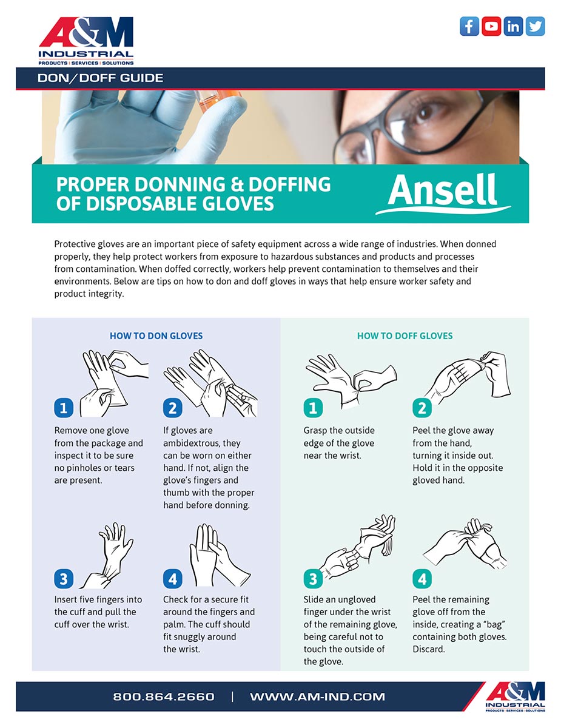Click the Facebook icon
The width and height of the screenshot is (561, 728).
[469, 26]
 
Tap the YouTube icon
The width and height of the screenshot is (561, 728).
[491, 26]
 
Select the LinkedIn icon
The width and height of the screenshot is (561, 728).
[513, 26]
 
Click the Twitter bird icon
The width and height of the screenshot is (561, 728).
[535, 26]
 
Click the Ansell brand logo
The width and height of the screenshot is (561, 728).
[443, 194]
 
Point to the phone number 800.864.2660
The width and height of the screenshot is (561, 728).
[163, 697]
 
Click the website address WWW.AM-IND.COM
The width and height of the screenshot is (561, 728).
[317, 697]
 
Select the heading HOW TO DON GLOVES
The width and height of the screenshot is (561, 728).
[156, 335]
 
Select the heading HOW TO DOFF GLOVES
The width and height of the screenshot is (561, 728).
[405, 335]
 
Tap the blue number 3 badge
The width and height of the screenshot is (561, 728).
[64, 579]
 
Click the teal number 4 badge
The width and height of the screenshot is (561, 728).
[422, 579]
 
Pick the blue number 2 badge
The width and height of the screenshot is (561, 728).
[172, 408]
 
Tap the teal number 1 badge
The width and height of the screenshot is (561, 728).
[313, 408]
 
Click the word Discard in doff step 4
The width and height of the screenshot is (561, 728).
[429, 649]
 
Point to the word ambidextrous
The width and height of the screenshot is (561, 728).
[201, 443]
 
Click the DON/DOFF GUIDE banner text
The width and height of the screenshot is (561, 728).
[101, 78]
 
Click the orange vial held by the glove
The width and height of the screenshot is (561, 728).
[218, 100]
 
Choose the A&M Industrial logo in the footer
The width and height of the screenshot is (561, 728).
[515, 696]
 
